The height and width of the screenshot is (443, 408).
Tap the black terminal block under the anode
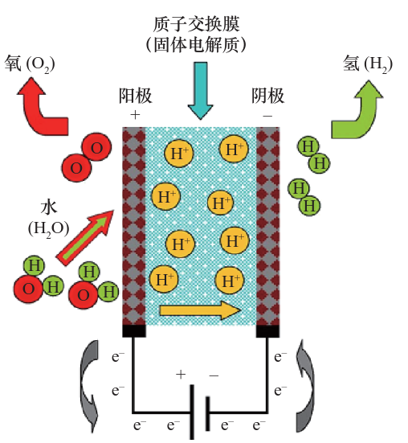[133, 330]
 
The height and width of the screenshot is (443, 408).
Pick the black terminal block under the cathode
[267, 330]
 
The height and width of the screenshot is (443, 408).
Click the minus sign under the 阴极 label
[267, 116]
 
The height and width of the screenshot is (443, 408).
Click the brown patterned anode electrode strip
[132, 225]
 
